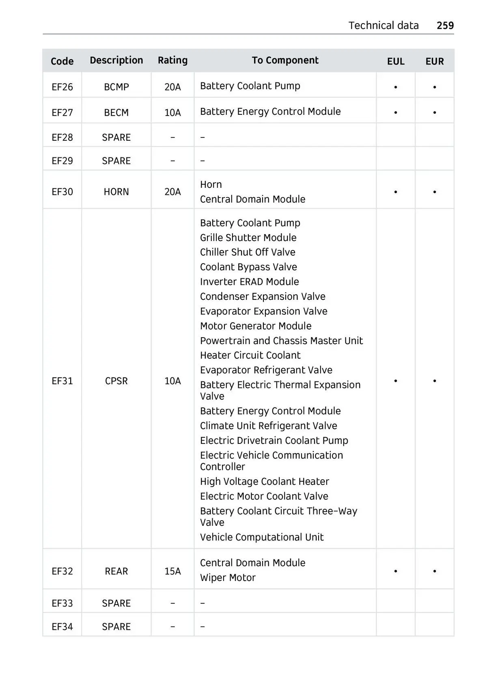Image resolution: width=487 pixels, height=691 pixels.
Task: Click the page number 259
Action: point(445,26)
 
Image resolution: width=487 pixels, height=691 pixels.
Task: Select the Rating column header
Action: point(172,60)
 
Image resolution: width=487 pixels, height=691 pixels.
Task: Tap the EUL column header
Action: point(395,61)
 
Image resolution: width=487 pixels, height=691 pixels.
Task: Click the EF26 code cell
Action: point(62,87)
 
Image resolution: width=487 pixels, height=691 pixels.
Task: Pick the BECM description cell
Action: point(116,112)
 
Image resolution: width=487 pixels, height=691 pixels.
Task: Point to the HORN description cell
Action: point(116,192)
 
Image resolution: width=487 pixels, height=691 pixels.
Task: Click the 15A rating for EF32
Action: point(172,571)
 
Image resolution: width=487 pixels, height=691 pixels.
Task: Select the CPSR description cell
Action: point(116,381)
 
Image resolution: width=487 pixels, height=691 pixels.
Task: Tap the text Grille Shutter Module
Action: point(248,237)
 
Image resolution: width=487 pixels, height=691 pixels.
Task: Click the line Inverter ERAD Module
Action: point(249,282)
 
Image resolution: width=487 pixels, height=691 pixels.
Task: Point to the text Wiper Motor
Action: point(228,577)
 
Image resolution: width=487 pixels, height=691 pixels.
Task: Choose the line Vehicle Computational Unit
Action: point(261,537)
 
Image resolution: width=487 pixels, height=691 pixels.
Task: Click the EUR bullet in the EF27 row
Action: point(434,112)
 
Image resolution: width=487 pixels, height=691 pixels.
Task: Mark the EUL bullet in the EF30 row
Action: point(395,192)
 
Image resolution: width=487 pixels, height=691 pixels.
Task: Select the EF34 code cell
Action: point(62,626)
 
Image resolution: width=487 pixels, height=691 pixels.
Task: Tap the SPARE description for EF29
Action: point(116,161)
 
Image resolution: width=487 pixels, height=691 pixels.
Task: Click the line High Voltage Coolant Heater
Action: point(264,481)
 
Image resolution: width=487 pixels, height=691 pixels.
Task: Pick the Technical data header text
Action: point(383,26)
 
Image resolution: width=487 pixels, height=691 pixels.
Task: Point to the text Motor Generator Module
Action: point(256,326)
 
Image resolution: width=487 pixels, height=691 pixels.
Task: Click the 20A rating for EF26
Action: point(172,87)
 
